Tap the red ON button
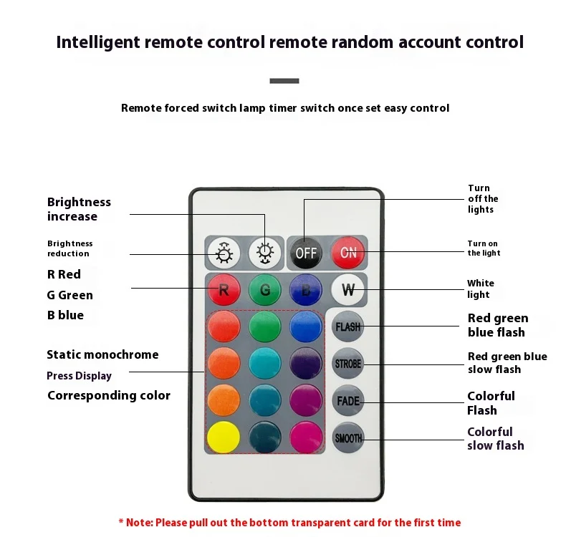(348, 252)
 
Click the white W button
(348, 290)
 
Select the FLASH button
(348, 326)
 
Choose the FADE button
(348, 400)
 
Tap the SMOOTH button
(348, 437)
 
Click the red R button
(224, 290)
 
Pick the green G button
(264, 290)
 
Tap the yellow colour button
(224, 436)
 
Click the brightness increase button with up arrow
(264, 252)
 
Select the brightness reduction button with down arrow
(224, 252)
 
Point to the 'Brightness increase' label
(79, 209)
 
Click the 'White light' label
(480, 289)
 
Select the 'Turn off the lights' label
(483, 198)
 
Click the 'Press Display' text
(79, 376)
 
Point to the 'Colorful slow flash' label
(495, 438)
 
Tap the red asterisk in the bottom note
(121, 523)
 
